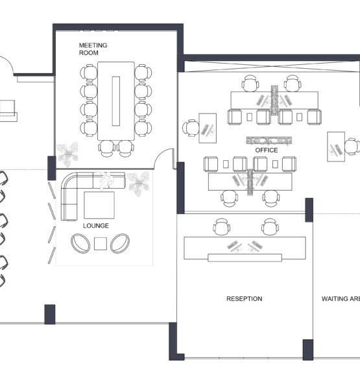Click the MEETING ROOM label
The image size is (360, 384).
point(93,49)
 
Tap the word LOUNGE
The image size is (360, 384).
point(96,226)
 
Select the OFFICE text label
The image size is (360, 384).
point(267,150)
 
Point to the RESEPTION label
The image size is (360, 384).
point(244,299)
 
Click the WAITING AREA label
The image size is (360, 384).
point(341,299)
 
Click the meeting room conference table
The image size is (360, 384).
point(116,101)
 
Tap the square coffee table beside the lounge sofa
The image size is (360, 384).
point(99,205)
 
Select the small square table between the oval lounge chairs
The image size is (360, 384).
point(101,244)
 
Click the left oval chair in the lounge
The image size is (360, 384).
point(80,243)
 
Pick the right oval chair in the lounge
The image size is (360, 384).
point(120,243)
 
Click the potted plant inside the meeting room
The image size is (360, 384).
point(67,154)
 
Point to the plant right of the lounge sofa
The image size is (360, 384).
point(138,183)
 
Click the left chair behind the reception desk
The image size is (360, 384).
point(221,227)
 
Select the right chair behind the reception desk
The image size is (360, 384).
point(270,227)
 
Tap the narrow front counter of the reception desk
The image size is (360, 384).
point(245,258)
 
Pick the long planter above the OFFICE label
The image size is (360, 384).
point(269,141)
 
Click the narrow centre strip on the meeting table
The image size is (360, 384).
point(116,101)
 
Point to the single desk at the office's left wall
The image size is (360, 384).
point(208,128)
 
